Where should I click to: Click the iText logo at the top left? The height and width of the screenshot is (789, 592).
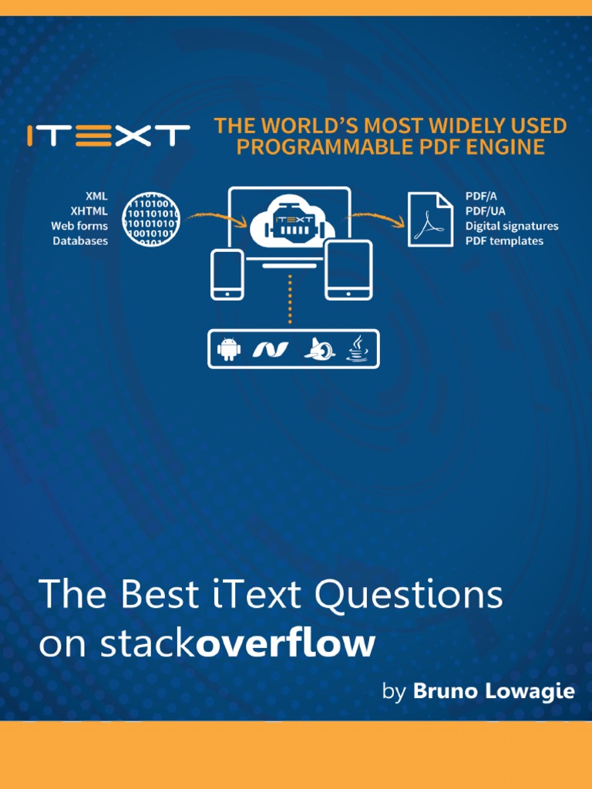(x=108, y=136)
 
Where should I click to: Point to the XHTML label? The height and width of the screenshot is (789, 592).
(x=89, y=210)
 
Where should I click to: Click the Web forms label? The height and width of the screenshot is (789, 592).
(x=79, y=226)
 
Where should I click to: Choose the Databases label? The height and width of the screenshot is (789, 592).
(x=80, y=240)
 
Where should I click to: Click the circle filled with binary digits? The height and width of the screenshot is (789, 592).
(x=151, y=219)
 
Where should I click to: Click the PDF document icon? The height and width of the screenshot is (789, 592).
(x=430, y=220)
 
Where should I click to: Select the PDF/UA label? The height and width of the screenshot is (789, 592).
(x=485, y=211)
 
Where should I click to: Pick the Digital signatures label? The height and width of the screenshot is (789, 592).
(x=511, y=226)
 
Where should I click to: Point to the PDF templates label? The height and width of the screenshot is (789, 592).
(x=504, y=240)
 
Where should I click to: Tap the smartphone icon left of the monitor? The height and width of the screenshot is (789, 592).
(x=227, y=274)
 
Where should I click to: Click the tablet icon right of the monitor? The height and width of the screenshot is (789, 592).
(x=348, y=270)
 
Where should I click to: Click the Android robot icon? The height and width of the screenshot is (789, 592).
(x=229, y=349)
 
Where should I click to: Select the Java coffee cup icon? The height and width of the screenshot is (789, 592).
(x=357, y=349)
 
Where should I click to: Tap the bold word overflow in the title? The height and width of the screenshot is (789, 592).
(x=285, y=643)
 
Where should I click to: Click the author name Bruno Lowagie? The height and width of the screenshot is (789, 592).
(x=494, y=691)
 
